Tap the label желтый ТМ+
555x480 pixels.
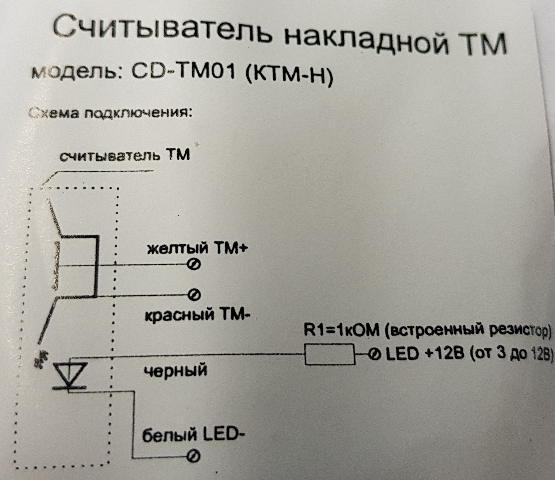tap(197, 248)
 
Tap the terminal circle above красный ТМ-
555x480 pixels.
tap(195, 295)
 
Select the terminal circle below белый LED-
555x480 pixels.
tap(194, 456)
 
